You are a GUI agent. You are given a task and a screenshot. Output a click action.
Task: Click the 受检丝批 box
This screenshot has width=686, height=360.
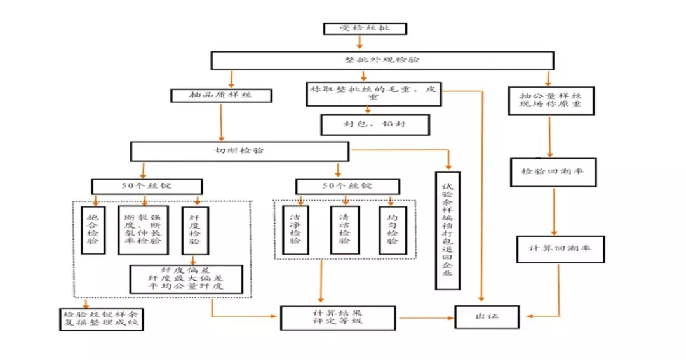[x=364, y=29]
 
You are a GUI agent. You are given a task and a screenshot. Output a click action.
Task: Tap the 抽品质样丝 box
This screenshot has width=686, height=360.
[x=222, y=96]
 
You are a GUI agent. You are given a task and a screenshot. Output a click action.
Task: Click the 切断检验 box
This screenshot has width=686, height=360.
[x=239, y=151]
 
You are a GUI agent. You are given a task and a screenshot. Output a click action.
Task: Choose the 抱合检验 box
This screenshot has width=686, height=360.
[x=93, y=229]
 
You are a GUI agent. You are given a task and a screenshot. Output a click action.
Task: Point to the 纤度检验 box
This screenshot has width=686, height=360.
[x=194, y=229]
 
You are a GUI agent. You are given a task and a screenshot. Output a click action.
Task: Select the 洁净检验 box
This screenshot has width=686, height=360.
[x=295, y=229]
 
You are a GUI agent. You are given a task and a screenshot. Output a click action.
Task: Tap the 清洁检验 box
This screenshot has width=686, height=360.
[x=344, y=229]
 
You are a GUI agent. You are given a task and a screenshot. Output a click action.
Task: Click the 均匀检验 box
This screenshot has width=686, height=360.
[x=393, y=229]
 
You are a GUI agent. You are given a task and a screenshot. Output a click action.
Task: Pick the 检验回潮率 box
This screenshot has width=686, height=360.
[x=553, y=172]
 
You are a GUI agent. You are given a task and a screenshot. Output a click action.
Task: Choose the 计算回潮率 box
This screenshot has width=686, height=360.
[x=558, y=248]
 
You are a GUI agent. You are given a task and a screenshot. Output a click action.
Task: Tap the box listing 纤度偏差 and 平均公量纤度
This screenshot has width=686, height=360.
[x=186, y=279]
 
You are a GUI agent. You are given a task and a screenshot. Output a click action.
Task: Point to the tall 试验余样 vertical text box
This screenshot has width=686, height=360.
[x=448, y=230]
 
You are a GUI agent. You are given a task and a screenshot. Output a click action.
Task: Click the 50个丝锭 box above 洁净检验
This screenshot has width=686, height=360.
[x=347, y=186]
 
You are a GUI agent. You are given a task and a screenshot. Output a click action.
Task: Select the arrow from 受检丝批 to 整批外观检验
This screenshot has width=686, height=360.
[x=360, y=43]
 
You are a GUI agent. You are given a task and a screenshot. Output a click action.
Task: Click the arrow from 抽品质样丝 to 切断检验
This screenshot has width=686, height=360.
[x=221, y=122]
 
